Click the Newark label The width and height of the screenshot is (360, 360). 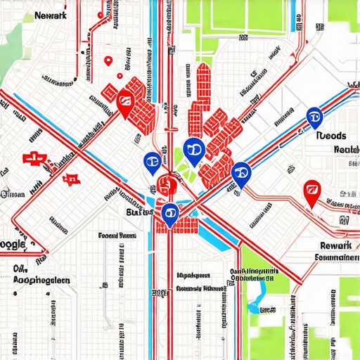pos(51,13)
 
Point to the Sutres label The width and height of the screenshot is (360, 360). pos(139,211)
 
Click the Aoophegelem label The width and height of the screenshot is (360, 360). pos(42,279)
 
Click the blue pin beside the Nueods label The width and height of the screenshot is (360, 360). pos(314,117)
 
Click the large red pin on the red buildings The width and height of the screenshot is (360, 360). pos(125,105)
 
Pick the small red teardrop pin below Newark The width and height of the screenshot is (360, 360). pos(108,61)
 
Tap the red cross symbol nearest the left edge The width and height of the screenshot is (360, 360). pos(31,159)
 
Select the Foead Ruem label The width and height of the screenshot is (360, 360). pos(117,236)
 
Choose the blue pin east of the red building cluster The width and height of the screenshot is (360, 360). pos(240,172)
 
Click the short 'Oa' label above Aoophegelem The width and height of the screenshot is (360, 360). pos(20,269)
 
